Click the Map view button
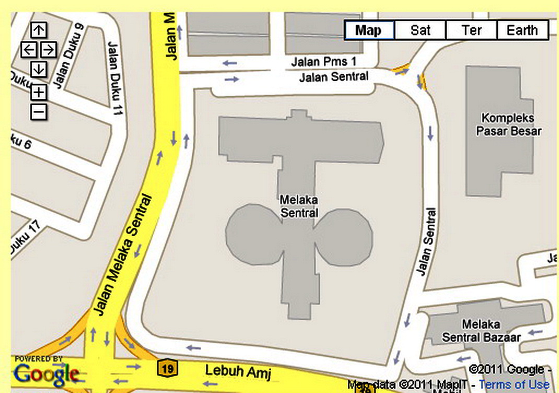369,30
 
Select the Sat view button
420,30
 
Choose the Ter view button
471,30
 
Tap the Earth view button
522,30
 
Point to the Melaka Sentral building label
299,206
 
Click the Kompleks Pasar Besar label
508,124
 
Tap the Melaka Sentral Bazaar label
481,331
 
